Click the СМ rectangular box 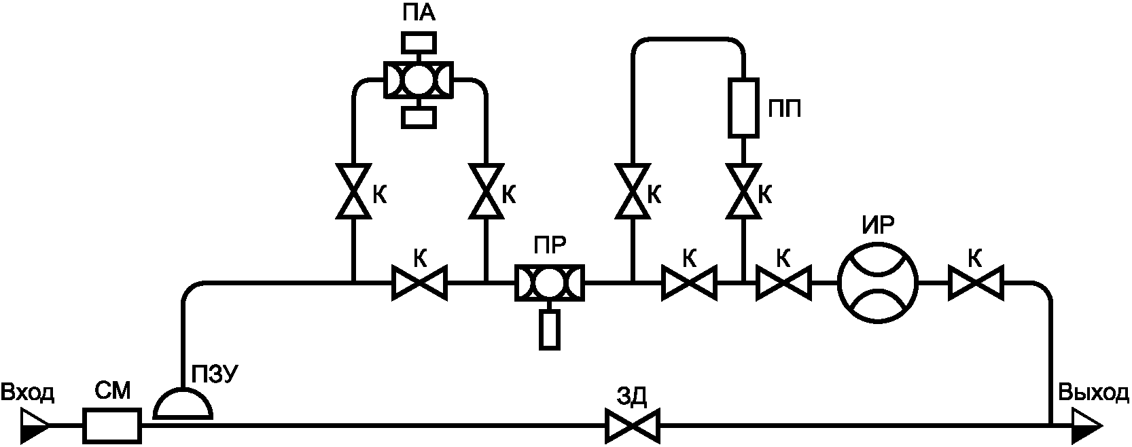(112, 427)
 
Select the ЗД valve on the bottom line (633, 427)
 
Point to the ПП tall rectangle (743, 107)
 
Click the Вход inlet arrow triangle (35, 427)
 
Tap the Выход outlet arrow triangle (1087, 427)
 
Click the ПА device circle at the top (419, 79)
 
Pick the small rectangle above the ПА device (419, 42)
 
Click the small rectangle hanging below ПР (549, 329)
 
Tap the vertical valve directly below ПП (743, 191)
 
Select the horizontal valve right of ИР (976, 283)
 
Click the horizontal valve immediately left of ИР (783, 283)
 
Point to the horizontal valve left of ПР (419, 283)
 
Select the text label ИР (878, 226)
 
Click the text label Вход (27, 393)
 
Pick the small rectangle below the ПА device (419, 117)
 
